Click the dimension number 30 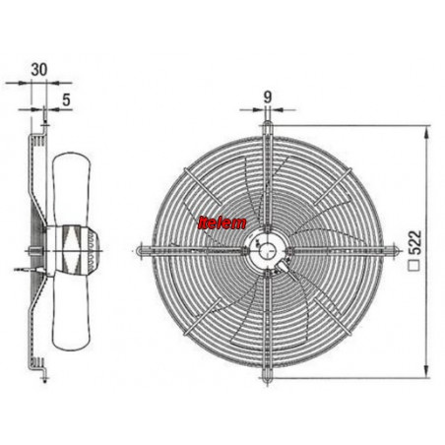tap(39, 70)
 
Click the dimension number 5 tap(66, 99)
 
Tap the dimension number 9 tap(268, 97)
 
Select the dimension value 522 tap(415, 242)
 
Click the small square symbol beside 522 tap(414, 266)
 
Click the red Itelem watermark tap(222, 223)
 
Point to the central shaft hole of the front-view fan tap(268, 251)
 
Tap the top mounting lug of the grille tap(268, 126)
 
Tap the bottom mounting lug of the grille tap(267, 377)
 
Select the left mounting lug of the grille tap(143, 250)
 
